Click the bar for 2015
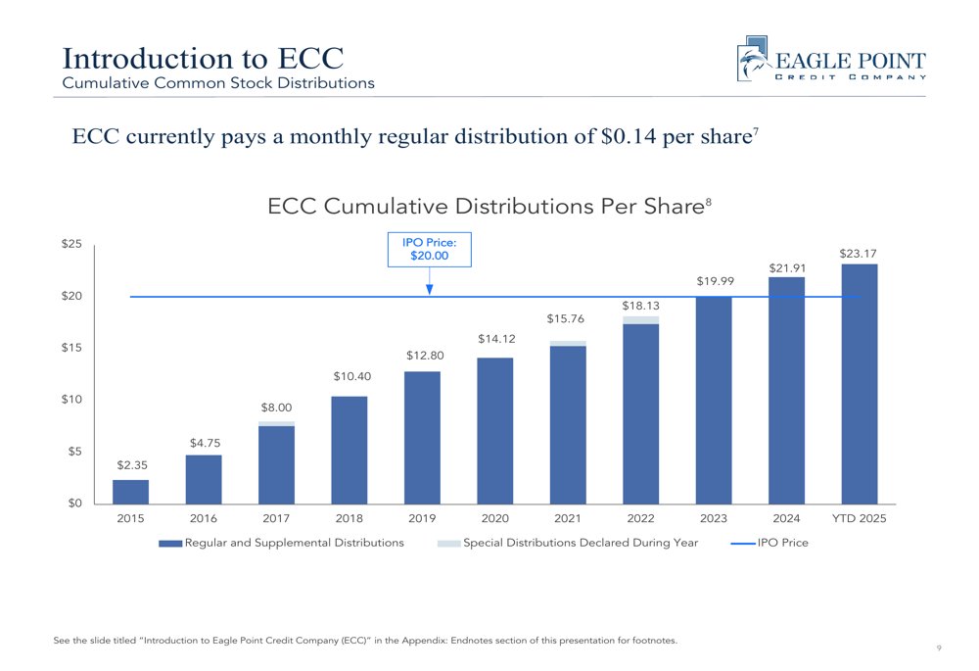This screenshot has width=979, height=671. coord(130,492)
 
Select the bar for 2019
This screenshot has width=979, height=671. coord(422,438)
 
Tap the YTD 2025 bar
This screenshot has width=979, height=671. coord(860,384)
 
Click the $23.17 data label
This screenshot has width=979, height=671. coord(858,254)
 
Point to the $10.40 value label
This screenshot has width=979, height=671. coord(350,376)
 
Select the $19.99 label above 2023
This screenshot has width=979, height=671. coord(715,282)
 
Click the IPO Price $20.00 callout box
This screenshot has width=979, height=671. coord(429,249)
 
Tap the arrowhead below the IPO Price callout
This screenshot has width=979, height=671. coord(429,289)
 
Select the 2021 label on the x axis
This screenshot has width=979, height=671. coord(568,518)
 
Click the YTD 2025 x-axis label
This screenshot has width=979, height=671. coord(859,518)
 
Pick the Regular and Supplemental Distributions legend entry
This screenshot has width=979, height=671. coord(282,543)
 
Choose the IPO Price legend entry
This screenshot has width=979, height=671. coord(770,543)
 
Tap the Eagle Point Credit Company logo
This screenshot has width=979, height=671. coord(830,61)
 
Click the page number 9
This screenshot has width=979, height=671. coord(938,647)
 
